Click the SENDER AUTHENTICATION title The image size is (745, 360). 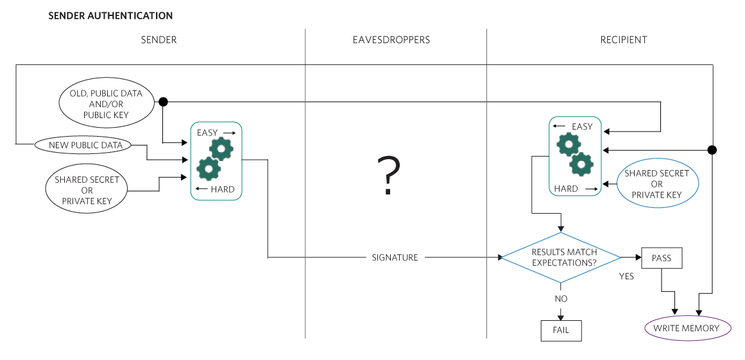(x=110, y=15)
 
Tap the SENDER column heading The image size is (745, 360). (x=158, y=40)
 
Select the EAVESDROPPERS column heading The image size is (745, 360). (x=391, y=40)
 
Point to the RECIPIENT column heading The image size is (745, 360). (x=624, y=40)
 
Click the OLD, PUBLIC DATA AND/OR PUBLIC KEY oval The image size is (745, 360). (x=106, y=104)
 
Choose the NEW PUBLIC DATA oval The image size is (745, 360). (x=85, y=145)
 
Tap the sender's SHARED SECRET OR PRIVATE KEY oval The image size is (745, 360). (x=87, y=190)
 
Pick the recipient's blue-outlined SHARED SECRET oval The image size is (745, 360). (x=656, y=184)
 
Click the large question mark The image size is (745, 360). (x=388, y=176)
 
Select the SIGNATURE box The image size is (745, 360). (x=395, y=257)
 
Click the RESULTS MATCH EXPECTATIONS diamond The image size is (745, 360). (x=560, y=257)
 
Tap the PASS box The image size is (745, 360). (x=661, y=258)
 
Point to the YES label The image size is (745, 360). (x=626, y=277)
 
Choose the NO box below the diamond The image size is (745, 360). (x=560, y=298)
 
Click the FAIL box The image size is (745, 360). (x=561, y=330)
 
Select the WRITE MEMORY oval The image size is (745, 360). (x=687, y=329)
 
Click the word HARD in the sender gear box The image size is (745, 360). (x=222, y=189)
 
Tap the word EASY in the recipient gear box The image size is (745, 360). (x=581, y=126)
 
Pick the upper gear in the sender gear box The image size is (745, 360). (x=222, y=149)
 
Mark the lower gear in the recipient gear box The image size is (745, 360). (x=582, y=164)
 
